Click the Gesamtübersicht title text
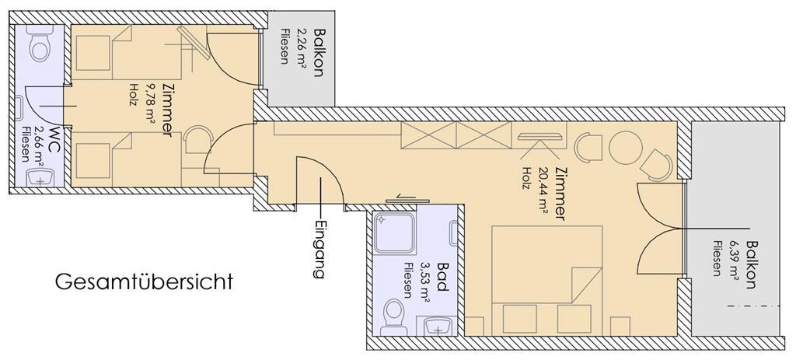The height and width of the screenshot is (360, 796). point(144,281)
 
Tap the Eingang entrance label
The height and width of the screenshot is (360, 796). point(319,249)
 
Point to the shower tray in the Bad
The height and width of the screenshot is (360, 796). point(395,233)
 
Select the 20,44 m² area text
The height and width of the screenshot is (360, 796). point(543,193)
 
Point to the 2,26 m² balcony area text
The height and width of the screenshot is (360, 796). point(302,45)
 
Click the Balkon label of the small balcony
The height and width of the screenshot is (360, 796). point(318,52)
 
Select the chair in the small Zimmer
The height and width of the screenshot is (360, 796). point(197,140)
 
